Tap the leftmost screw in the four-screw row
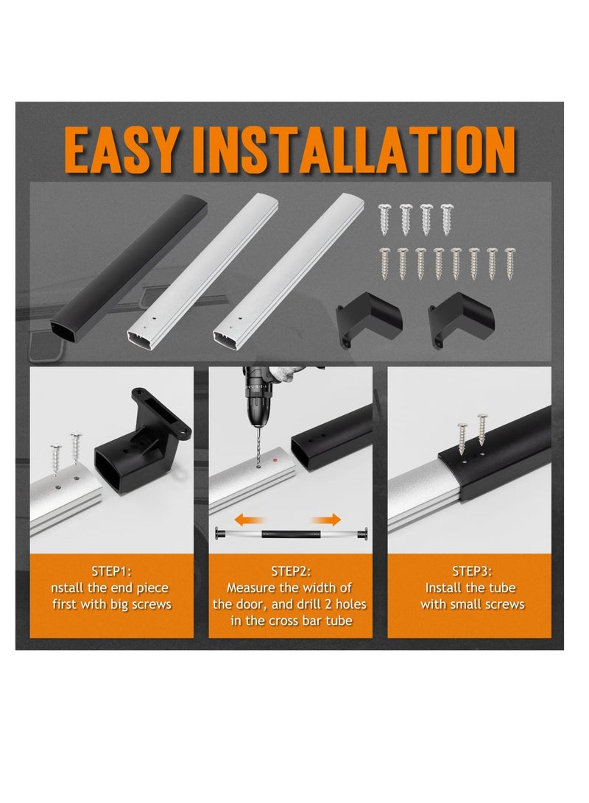click(384, 219)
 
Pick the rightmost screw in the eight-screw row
click(509, 263)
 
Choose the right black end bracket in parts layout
click(461, 319)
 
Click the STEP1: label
click(111, 571)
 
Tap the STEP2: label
click(290, 571)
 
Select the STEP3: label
click(472, 571)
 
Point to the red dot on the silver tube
click(275, 460)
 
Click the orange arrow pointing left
click(250, 520)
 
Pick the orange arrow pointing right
click(325, 520)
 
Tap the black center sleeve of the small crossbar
click(290, 534)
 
